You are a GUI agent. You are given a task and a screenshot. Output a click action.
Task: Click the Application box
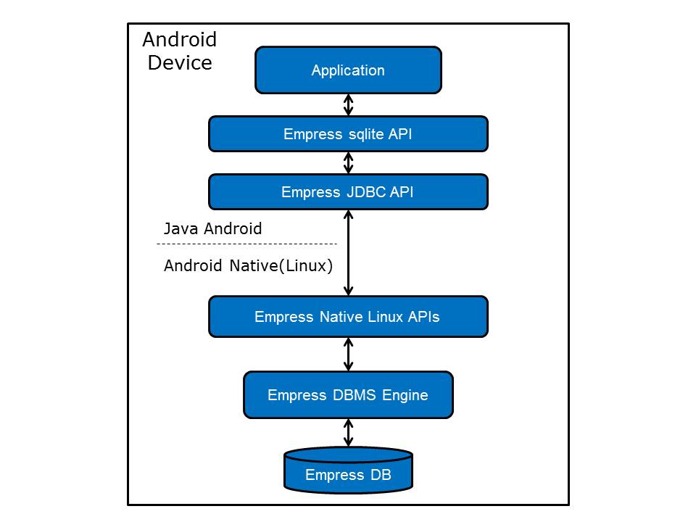click(348, 70)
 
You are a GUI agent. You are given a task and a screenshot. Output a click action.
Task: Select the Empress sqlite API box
click(348, 134)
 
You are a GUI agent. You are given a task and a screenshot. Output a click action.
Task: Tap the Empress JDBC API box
click(348, 192)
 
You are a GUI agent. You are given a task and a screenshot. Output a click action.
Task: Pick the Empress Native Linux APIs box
click(348, 317)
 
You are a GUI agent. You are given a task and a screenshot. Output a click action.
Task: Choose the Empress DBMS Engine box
click(348, 395)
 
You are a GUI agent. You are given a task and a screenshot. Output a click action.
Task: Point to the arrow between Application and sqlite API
click(349, 104)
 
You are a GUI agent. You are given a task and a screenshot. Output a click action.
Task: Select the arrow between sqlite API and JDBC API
click(349, 162)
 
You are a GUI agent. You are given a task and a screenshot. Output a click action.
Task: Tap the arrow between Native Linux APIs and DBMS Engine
click(349, 355)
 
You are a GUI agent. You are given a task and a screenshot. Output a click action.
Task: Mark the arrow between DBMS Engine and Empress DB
click(349, 433)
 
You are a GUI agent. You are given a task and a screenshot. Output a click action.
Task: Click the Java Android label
click(212, 229)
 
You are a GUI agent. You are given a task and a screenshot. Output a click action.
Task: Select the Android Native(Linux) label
click(248, 265)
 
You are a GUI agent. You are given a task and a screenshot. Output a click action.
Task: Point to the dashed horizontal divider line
click(249, 244)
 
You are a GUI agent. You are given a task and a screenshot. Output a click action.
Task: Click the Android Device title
click(180, 51)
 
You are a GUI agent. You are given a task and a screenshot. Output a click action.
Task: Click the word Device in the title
click(180, 62)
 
